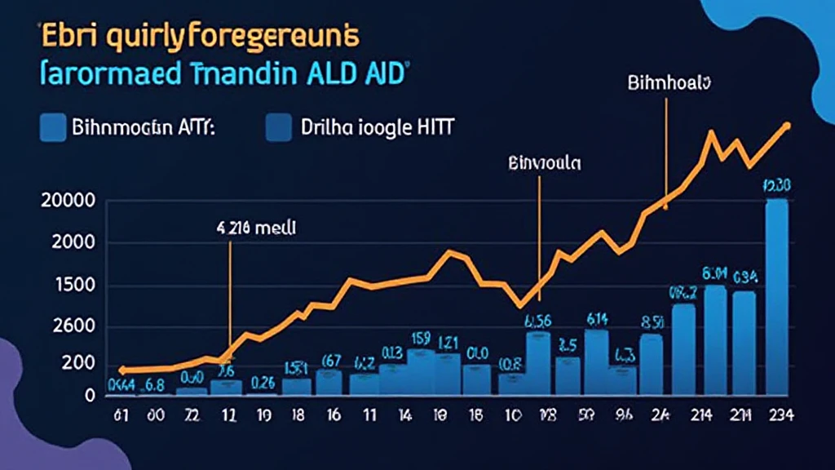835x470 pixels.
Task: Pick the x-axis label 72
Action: point(192,415)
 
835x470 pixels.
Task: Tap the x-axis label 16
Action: point(334,415)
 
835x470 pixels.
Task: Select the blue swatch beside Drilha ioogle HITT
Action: point(278,127)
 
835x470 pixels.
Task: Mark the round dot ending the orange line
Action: point(787,126)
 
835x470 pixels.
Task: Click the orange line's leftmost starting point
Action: point(122,370)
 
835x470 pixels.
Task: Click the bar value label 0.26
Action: point(263,382)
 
